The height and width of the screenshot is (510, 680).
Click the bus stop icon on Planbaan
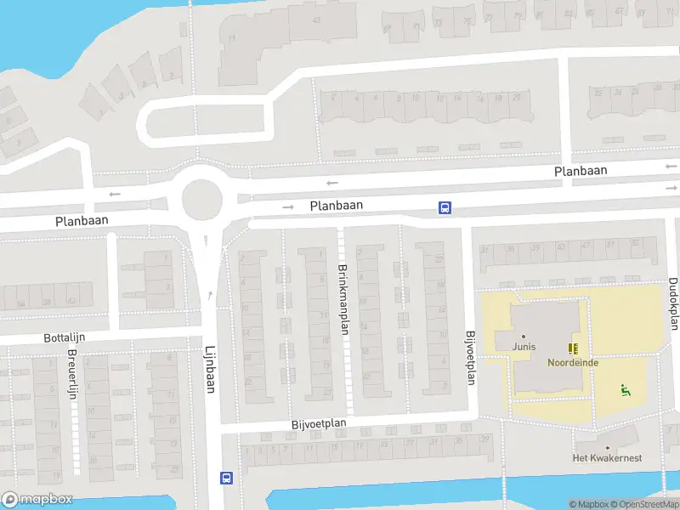coord(445,207)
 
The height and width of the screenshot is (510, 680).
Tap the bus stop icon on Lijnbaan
coord(227,478)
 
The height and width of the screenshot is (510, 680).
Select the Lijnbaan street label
coord(209,369)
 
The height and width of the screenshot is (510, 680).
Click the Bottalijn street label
coord(65,337)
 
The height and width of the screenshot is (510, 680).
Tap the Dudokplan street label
coord(673,303)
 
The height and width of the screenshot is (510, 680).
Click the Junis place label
coord(524,346)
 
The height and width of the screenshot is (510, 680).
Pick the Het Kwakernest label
coord(607,458)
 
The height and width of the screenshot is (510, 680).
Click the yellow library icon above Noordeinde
coord(574,348)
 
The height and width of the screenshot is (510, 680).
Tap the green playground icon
coord(626,390)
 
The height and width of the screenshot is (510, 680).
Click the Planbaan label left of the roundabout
coord(82,220)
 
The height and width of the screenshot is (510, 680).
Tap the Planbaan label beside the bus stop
coord(337,206)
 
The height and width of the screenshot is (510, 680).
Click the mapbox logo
coord(37,500)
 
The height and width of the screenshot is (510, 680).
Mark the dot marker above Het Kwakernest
coord(607,447)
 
